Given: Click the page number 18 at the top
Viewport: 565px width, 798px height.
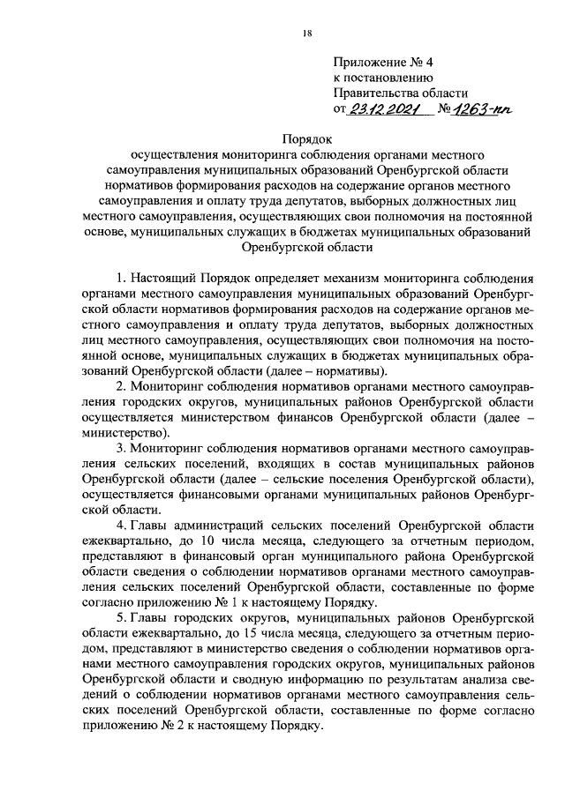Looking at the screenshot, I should tap(306, 34).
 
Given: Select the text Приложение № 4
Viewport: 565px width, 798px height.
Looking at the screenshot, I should tap(379, 62).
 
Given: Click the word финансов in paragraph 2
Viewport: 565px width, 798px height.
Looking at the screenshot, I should tap(341, 415).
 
